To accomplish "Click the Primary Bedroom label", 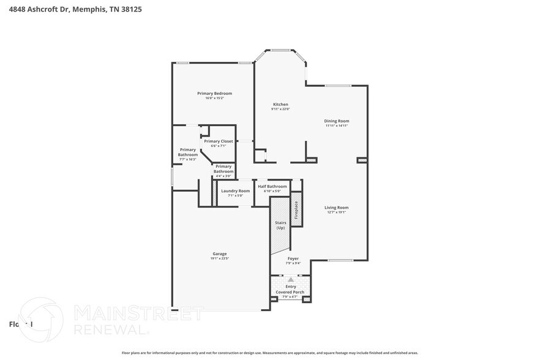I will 214,93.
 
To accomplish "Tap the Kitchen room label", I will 280,104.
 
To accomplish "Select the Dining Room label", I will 336,121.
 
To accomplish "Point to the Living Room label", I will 336,208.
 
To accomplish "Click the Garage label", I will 219,253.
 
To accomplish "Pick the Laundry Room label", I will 235,190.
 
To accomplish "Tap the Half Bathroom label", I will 272,186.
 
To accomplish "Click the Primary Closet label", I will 219,141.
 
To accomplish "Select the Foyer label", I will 293,258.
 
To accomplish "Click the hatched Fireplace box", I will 296,210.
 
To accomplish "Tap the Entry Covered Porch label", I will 290,289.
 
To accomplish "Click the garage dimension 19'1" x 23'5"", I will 219,258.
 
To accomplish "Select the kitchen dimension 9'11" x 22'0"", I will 280,109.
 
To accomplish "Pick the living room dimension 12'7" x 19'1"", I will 336,212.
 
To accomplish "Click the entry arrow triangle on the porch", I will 291,279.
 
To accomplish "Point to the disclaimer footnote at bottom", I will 269,353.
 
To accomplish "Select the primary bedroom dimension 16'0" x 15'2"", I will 214,98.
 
